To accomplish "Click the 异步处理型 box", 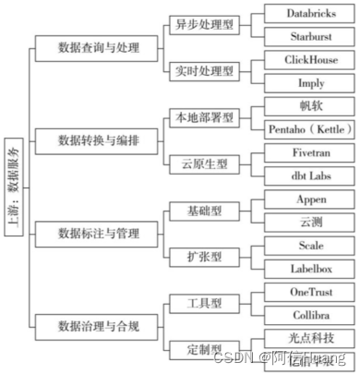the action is pyautogui.click(x=204, y=25).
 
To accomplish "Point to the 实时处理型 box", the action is pyautogui.click(x=204, y=70).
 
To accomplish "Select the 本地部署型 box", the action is pyautogui.click(x=204, y=117).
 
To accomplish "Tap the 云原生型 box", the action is pyautogui.click(x=204, y=163).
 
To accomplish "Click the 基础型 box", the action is pyautogui.click(x=204, y=211).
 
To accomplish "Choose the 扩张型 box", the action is pyautogui.click(x=204, y=256).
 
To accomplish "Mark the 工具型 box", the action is pyautogui.click(x=204, y=302).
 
